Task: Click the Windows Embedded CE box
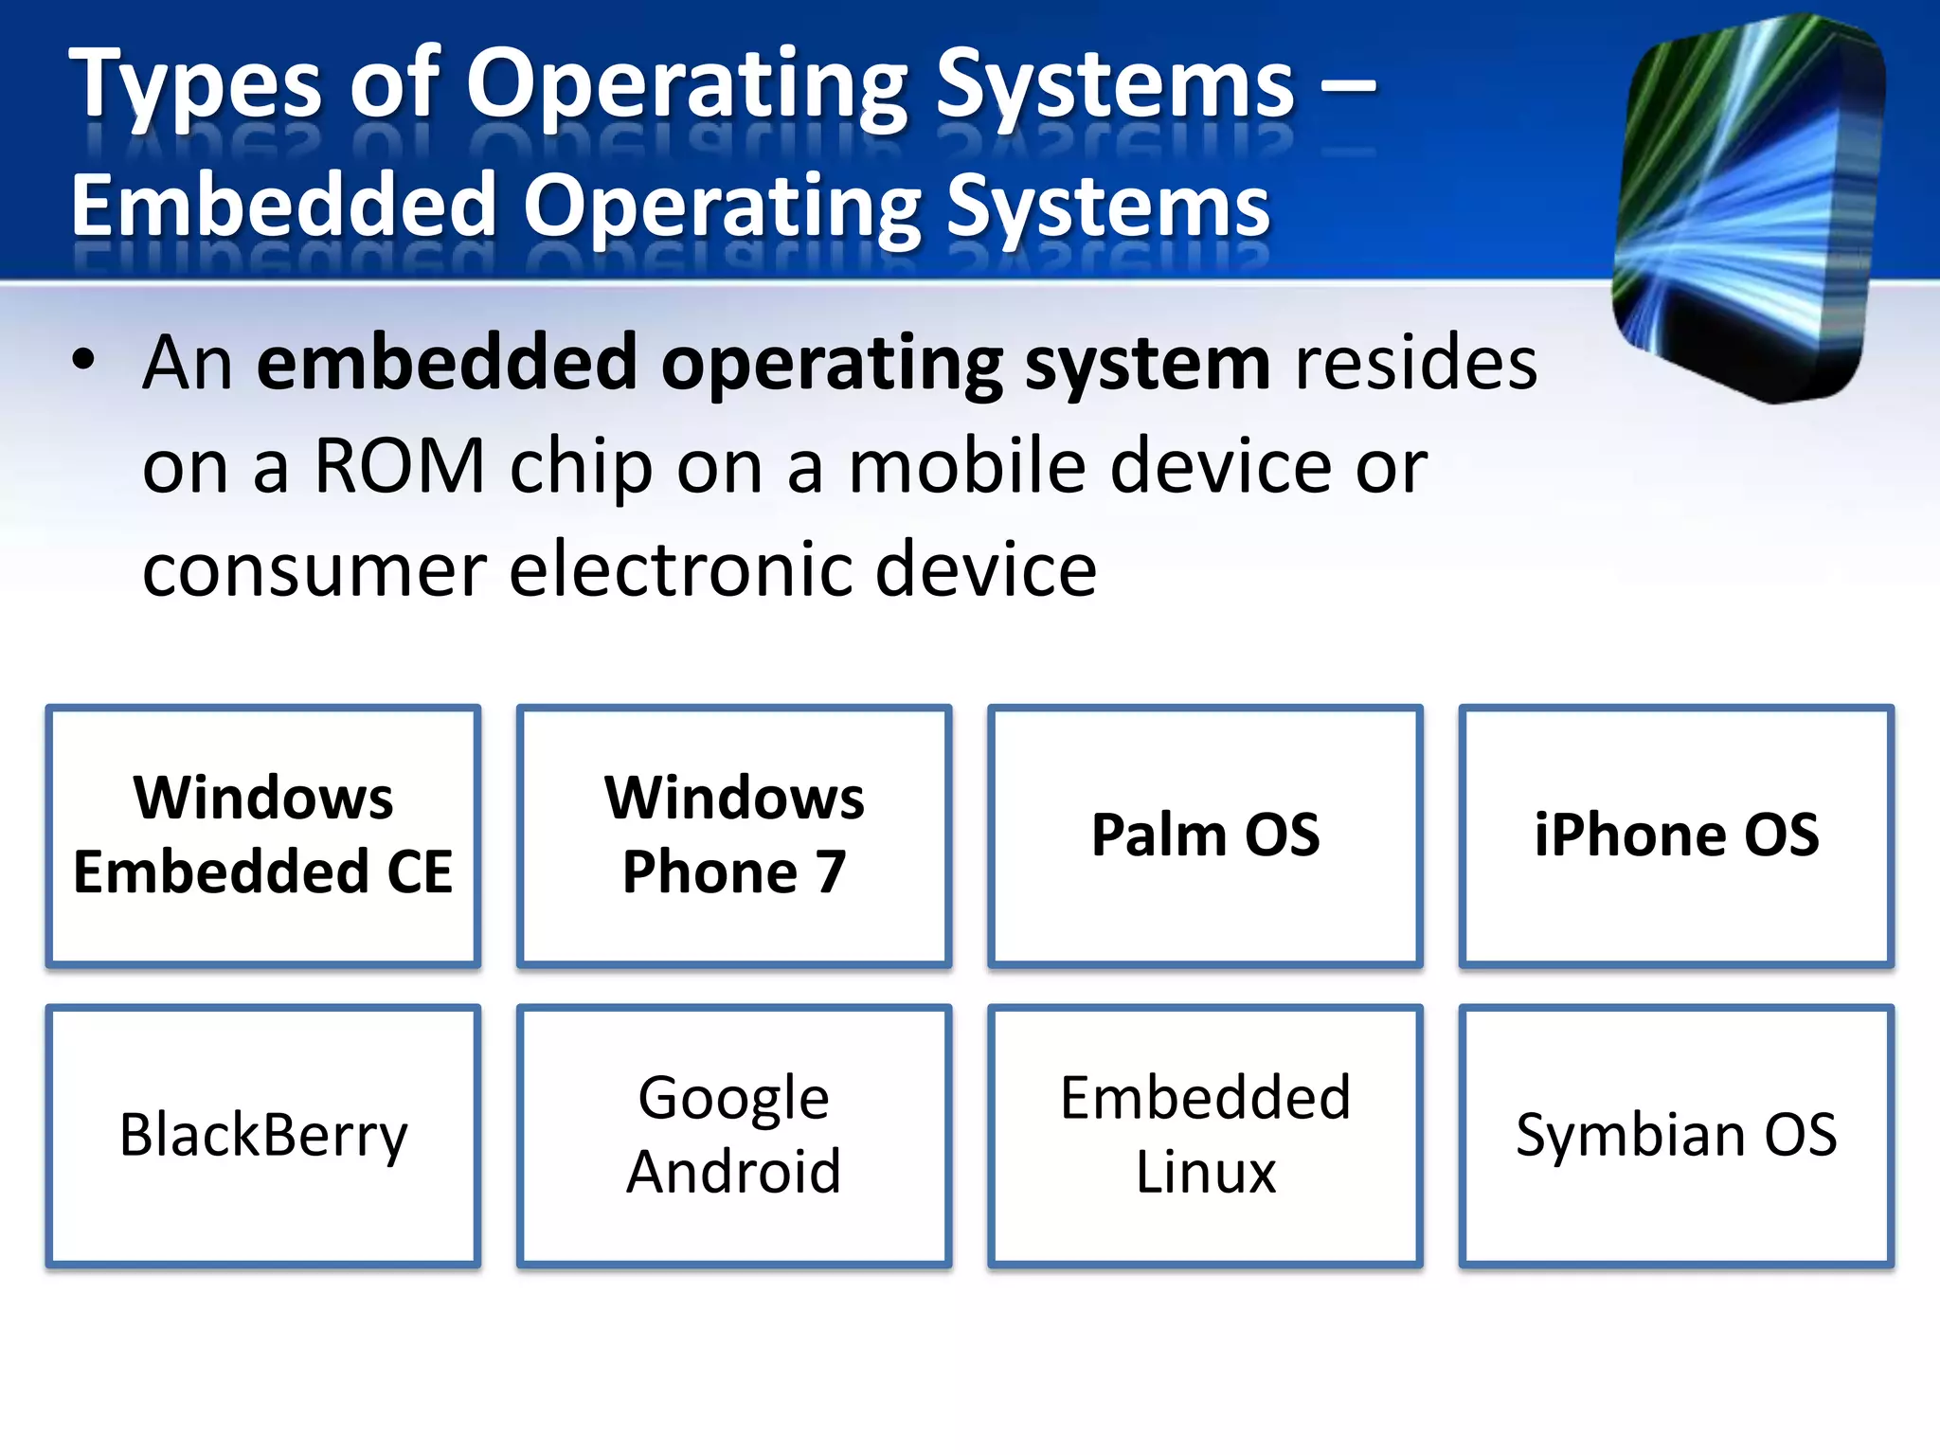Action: [262, 835]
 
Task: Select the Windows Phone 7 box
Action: [734, 835]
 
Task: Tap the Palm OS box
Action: [1205, 835]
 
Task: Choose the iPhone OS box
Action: [1676, 835]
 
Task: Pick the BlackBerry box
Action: [262, 1135]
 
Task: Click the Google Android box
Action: [734, 1135]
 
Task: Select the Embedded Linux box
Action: [1205, 1135]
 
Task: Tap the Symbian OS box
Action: [1676, 1135]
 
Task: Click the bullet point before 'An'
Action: [83, 361]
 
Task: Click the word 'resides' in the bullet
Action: [1415, 364]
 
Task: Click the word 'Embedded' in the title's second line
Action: [284, 206]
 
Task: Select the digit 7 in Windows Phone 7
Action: [831, 871]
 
